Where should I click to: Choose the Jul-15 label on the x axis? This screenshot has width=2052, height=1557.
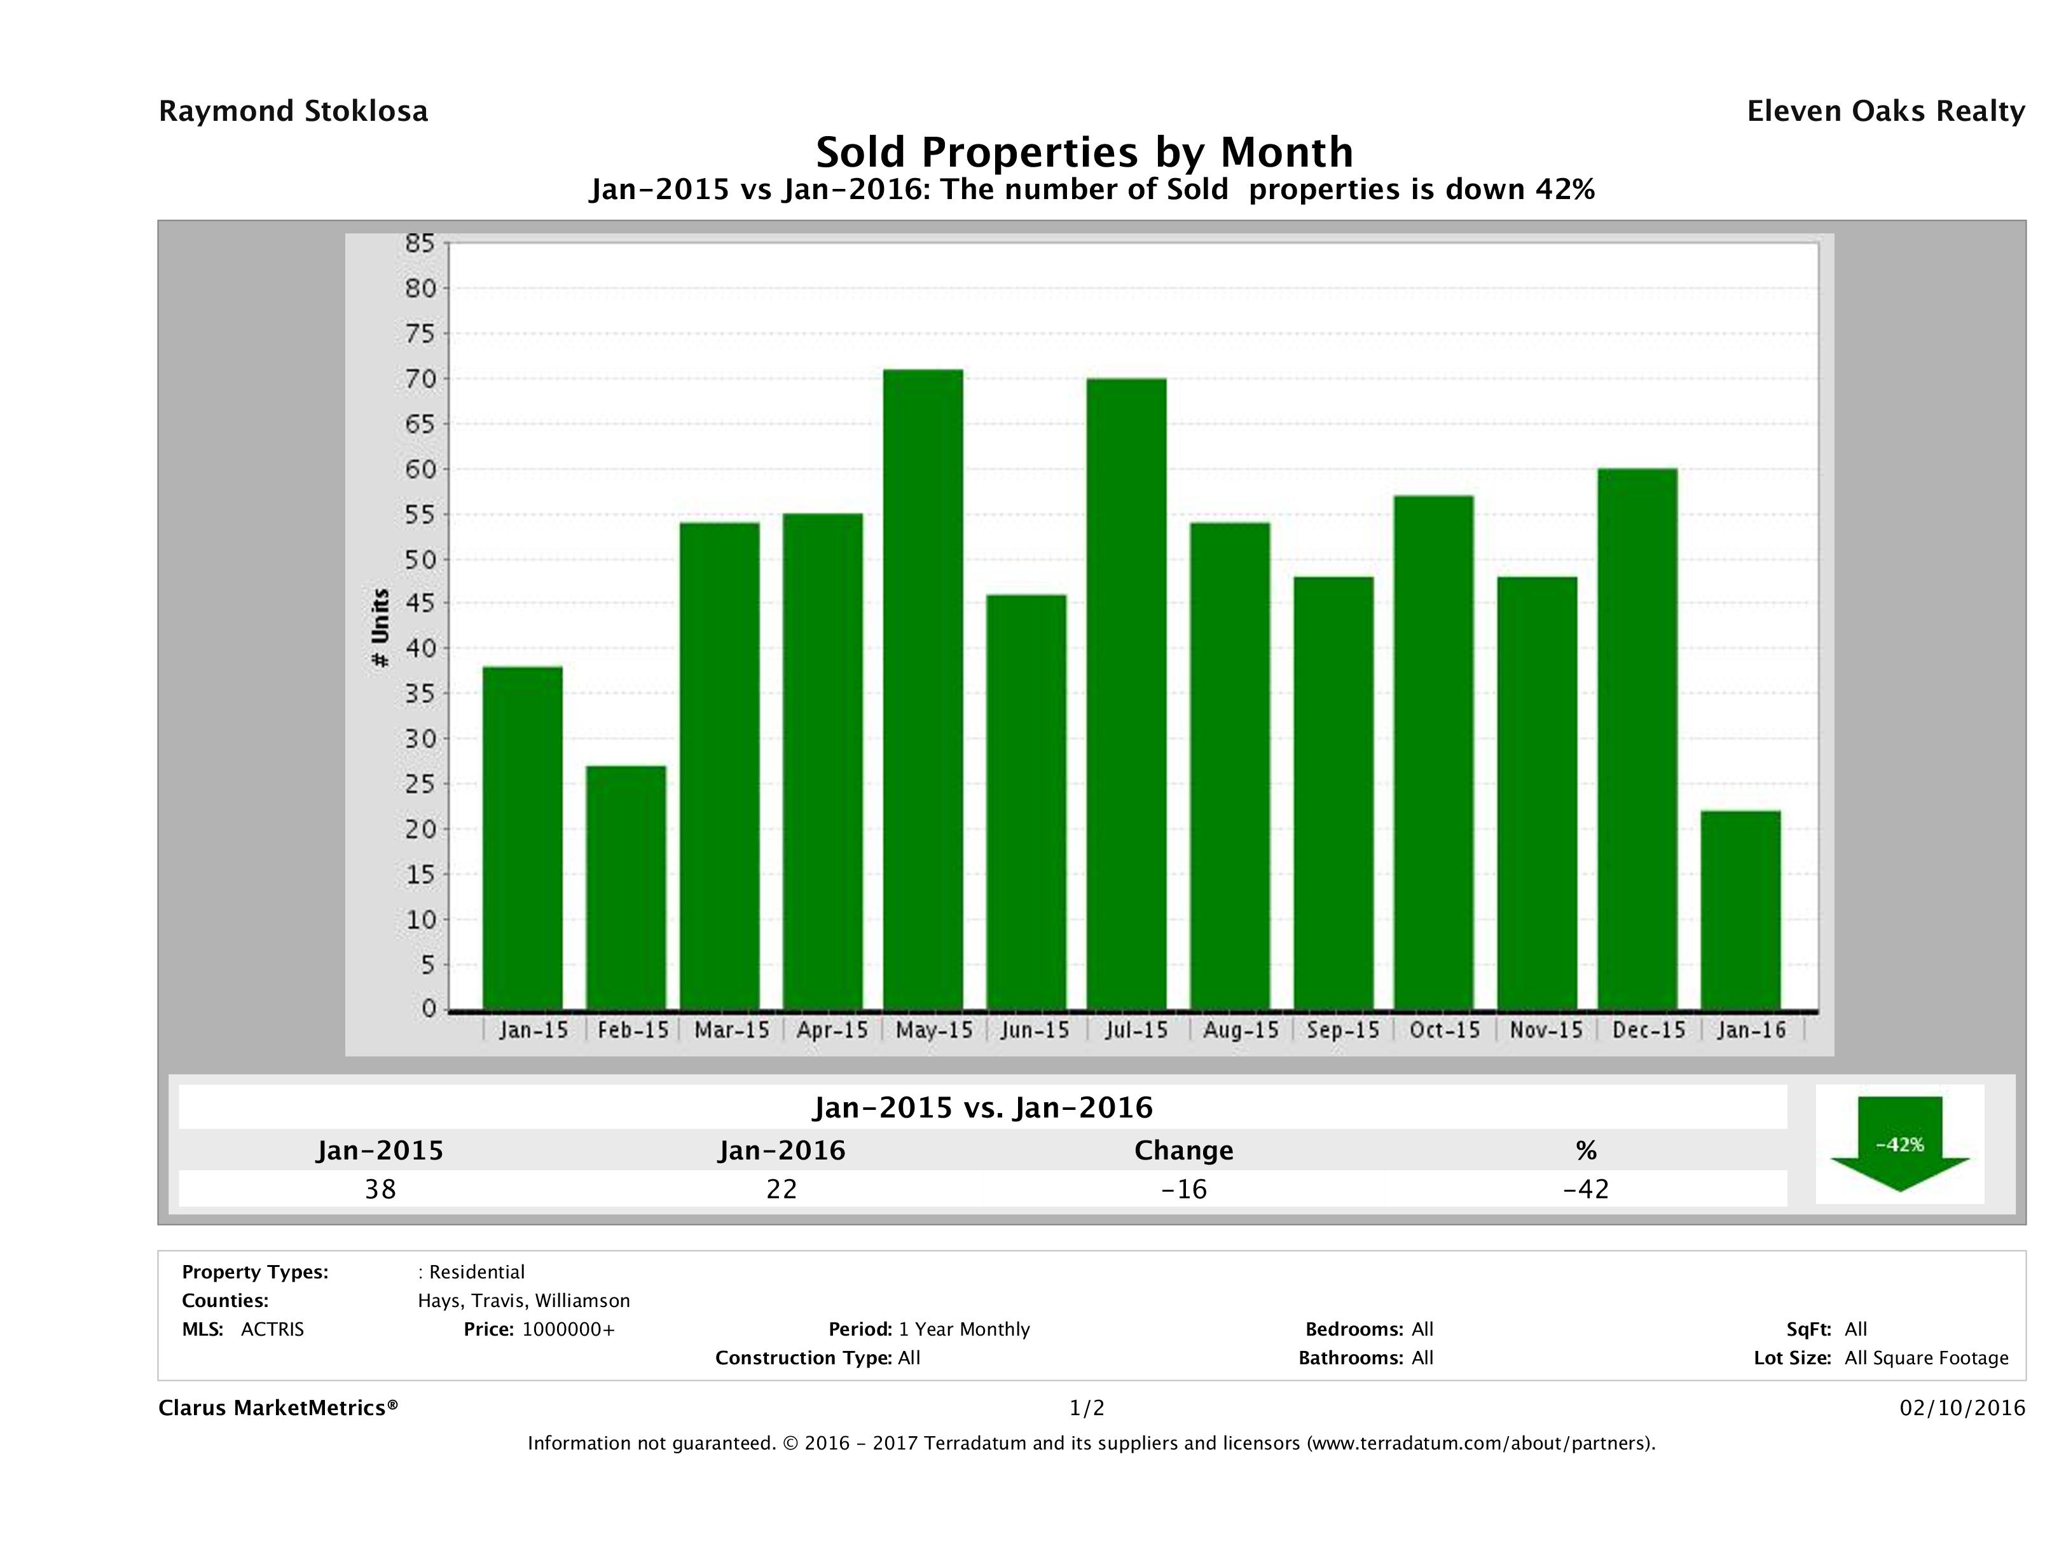coord(1136,1030)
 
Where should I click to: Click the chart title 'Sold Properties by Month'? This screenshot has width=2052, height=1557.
coord(1084,151)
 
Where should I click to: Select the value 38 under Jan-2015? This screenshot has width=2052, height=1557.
coord(380,1189)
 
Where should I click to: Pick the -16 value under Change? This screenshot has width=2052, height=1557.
coord(1184,1189)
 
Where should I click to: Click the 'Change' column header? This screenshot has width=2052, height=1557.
coord(1184,1151)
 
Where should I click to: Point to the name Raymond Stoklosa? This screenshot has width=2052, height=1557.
coord(293,111)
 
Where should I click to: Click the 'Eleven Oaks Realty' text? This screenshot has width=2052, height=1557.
coord(1885,111)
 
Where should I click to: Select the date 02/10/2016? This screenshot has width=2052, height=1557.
coord(1962,1408)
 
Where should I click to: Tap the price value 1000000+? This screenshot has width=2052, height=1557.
coord(568,1329)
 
